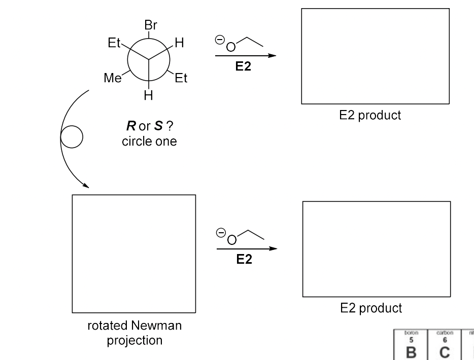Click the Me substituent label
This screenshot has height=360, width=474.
coord(113,79)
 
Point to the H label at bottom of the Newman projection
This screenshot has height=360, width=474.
coord(148,95)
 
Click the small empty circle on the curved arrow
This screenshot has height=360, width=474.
coord(72,137)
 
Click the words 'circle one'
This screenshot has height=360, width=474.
coord(149,141)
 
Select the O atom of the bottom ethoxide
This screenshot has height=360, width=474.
coord(231,240)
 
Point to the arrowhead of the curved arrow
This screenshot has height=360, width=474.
coord(85,186)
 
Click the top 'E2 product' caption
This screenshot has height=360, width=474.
coord(370,115)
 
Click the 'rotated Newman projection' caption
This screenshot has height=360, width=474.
coord(134,333)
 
